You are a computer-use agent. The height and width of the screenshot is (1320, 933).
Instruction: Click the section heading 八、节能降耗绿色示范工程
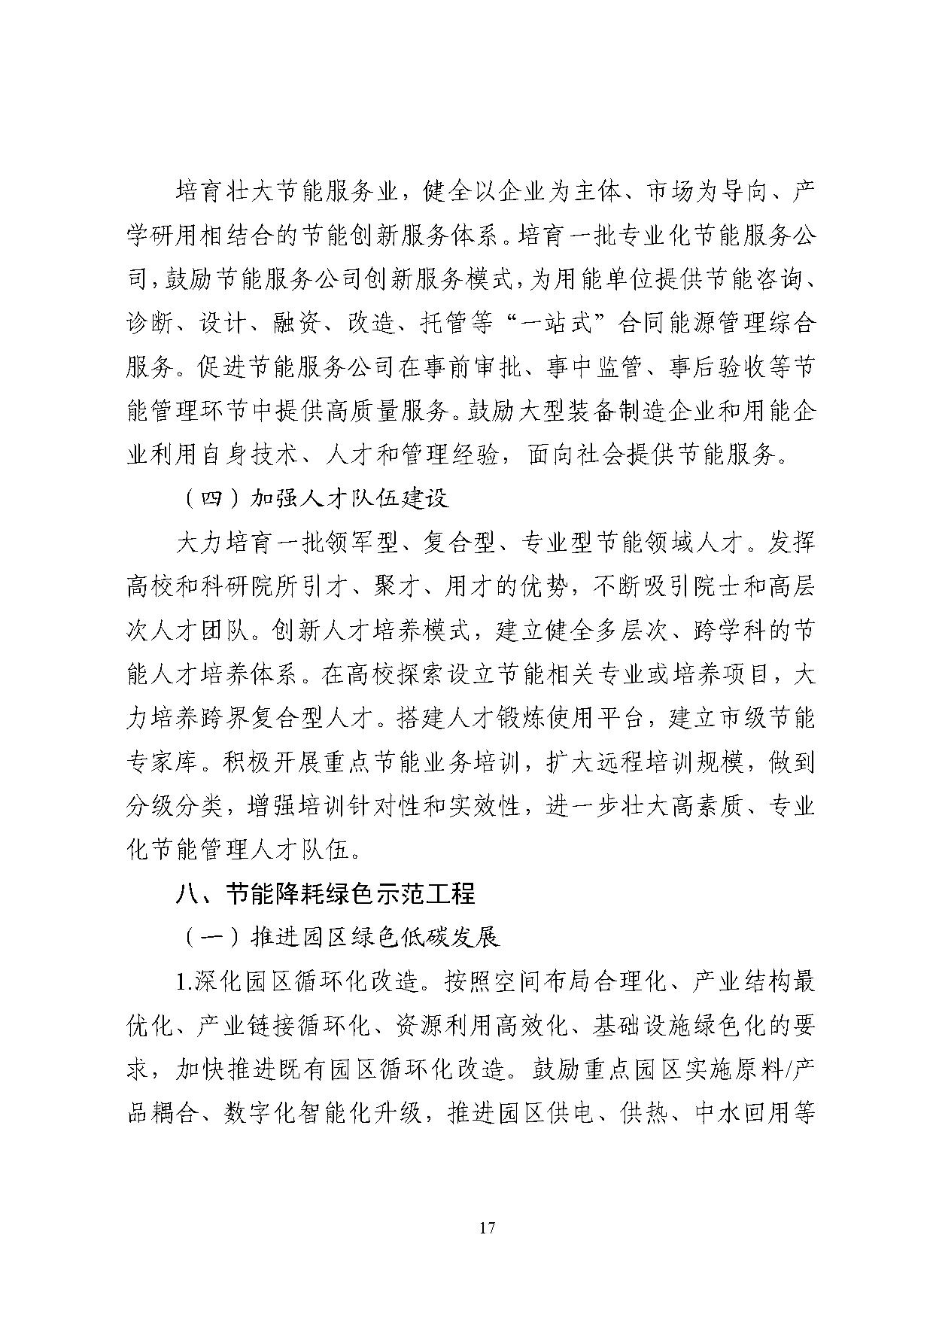[325, 894]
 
